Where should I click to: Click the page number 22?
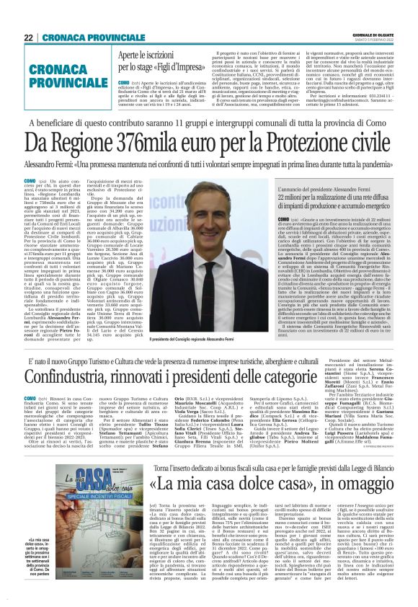tap(27, 37)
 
